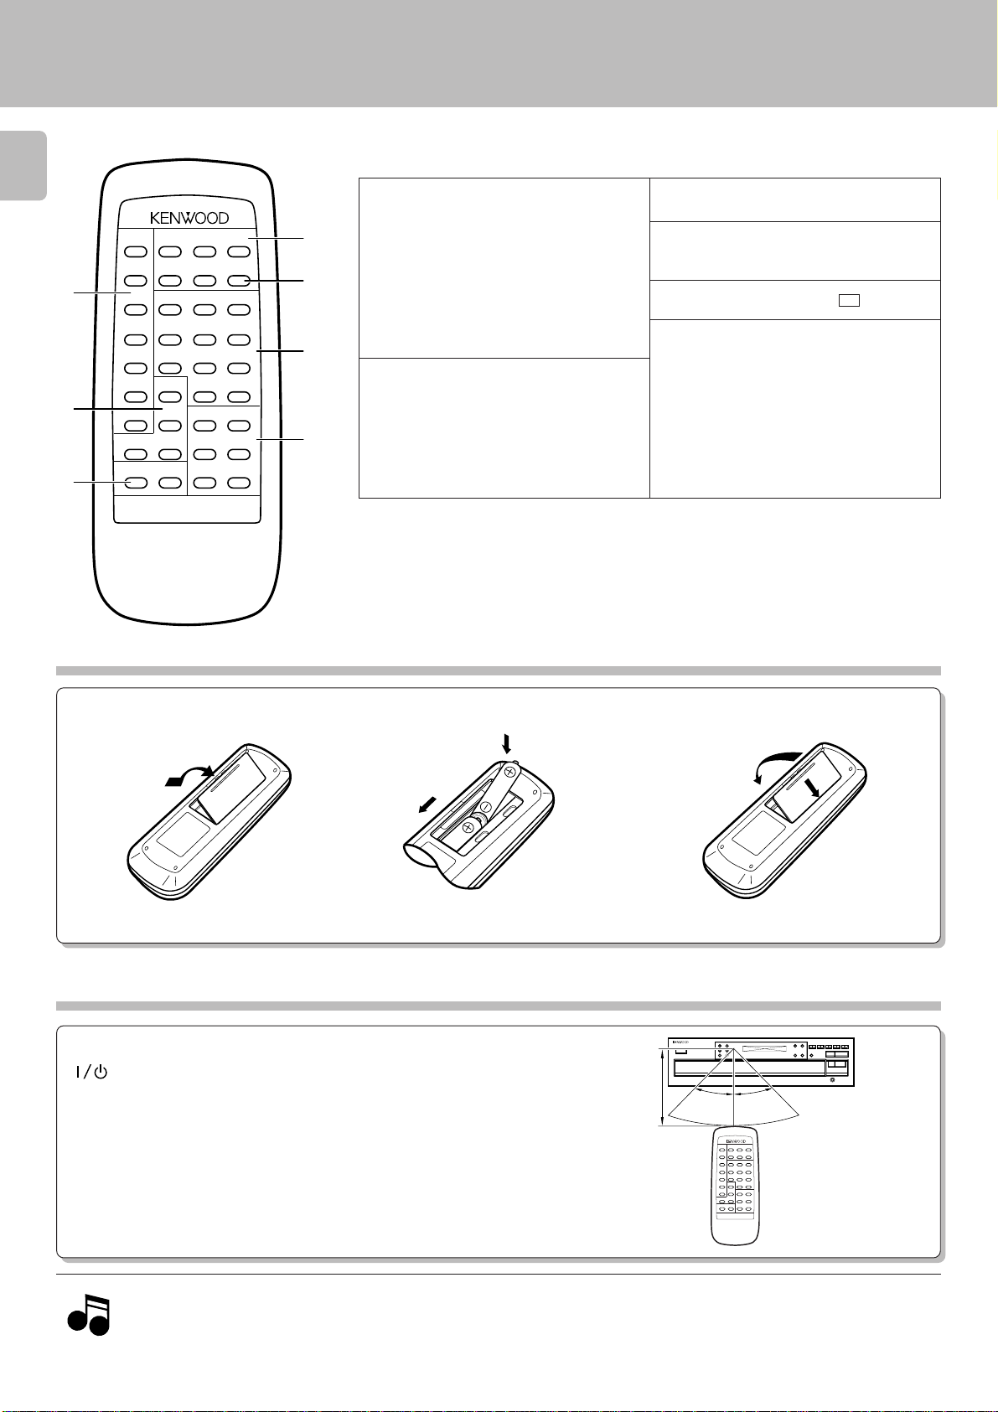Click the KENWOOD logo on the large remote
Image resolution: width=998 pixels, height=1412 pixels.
(189, 218)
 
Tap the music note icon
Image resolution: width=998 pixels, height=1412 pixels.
(89, 1315)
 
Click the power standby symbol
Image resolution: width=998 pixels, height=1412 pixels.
(92, 1072)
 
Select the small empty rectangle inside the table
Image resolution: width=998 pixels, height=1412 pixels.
(849, 301)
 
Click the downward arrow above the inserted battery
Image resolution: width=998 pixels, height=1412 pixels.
(506, 743)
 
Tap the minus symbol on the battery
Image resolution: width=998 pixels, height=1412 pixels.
(485, 807)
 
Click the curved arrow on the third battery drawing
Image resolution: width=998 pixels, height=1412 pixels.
(777, 764)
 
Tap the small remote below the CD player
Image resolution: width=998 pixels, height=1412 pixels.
(735, 1186)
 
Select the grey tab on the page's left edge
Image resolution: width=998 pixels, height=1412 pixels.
(23, 165)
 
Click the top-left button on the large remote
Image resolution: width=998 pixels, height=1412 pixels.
(136, 251)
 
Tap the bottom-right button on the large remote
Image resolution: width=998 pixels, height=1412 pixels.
(239, 483)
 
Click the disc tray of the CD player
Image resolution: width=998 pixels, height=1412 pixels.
(750, 1068)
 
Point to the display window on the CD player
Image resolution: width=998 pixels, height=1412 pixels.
(764, 1049)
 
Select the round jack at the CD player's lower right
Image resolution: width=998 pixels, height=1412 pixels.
(832, 1080)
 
